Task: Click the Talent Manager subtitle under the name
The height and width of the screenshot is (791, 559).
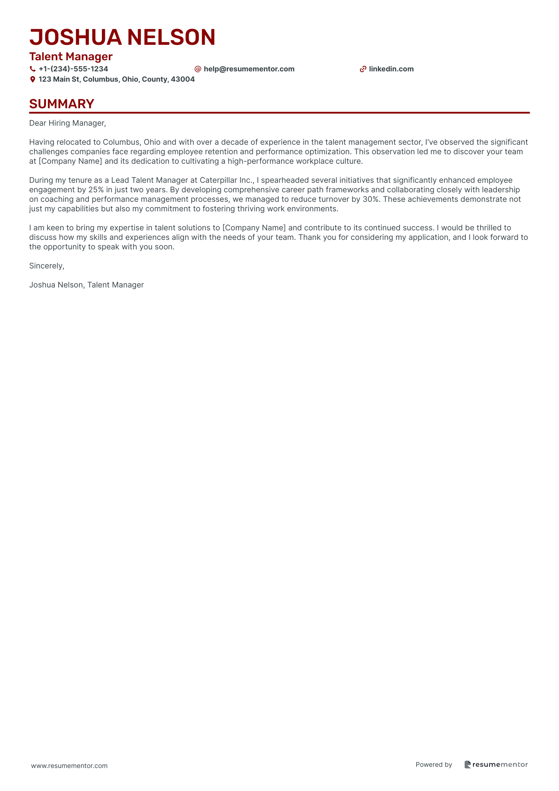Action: pos(71,57)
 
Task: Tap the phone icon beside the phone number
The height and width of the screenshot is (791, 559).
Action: pos(33,69)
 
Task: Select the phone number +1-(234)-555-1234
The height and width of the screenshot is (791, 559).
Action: pos(73,69)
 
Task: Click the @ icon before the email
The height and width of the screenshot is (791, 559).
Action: pos(198,69)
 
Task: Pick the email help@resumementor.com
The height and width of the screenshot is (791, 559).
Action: pos(249,69)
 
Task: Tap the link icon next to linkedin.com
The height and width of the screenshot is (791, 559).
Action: pos(363,69)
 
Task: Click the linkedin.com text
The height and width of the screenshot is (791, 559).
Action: pos(391,69)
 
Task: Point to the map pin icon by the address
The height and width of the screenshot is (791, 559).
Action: pos(33,79)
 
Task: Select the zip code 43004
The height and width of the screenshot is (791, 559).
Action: pos(183,79)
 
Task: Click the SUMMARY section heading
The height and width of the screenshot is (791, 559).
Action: pos(62,104)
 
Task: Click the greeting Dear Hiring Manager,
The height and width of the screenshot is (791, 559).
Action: pos(68,123)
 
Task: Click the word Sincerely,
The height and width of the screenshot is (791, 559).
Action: pos(47,266)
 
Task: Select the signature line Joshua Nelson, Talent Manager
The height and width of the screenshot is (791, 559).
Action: pos(86,285)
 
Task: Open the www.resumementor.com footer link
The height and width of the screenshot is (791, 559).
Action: pos(69,766)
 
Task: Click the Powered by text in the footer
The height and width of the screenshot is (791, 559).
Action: pos(434,765)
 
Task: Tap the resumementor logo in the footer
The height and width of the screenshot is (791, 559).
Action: pos(496,765)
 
